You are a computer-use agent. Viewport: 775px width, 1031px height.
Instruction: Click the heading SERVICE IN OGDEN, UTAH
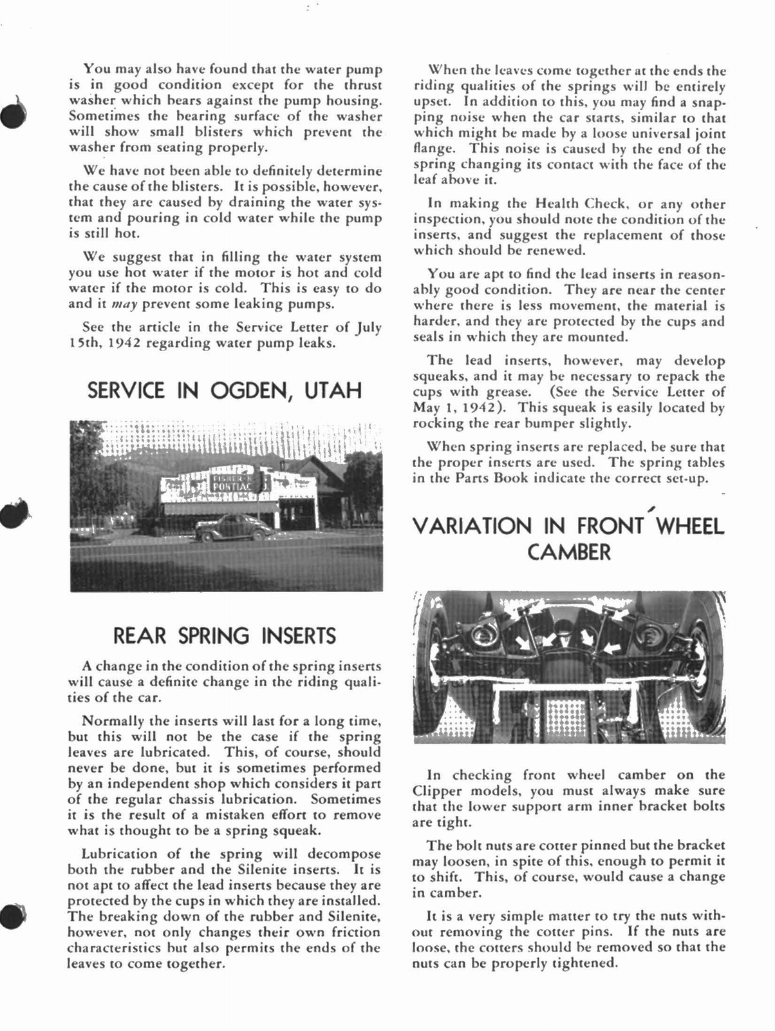(x=225, y=390)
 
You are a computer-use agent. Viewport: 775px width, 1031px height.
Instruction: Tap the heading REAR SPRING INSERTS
(x=225, y=636)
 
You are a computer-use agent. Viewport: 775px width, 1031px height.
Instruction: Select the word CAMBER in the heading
(x=568, y=552)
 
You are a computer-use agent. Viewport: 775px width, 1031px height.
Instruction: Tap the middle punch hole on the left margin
(x=12, y=512)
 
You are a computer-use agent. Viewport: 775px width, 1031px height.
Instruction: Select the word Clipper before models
(x=437, y=791)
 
